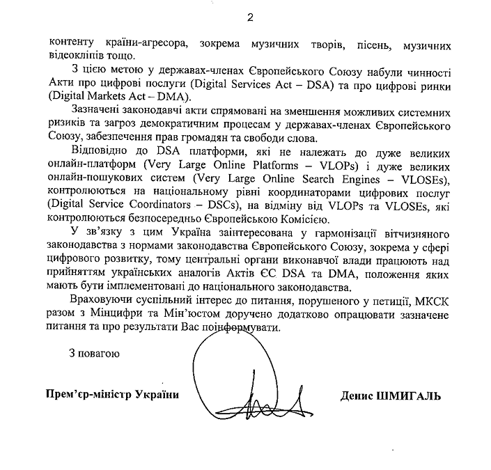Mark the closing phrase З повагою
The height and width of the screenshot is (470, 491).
click(x=94, y=353)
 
